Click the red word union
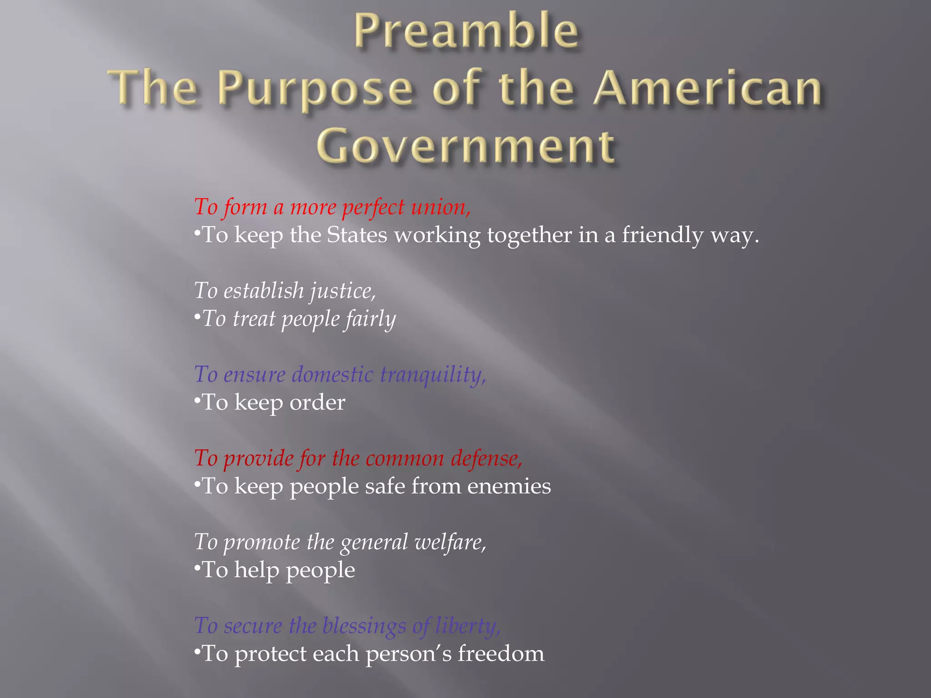(440, 207)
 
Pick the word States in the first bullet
(357, 235)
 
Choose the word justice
(343, 291)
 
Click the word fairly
(370, 319)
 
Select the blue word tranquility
(433, 375)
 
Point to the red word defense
(486, 458)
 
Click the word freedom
(501, 654)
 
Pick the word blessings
(364, 626)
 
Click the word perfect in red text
(373, 207)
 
